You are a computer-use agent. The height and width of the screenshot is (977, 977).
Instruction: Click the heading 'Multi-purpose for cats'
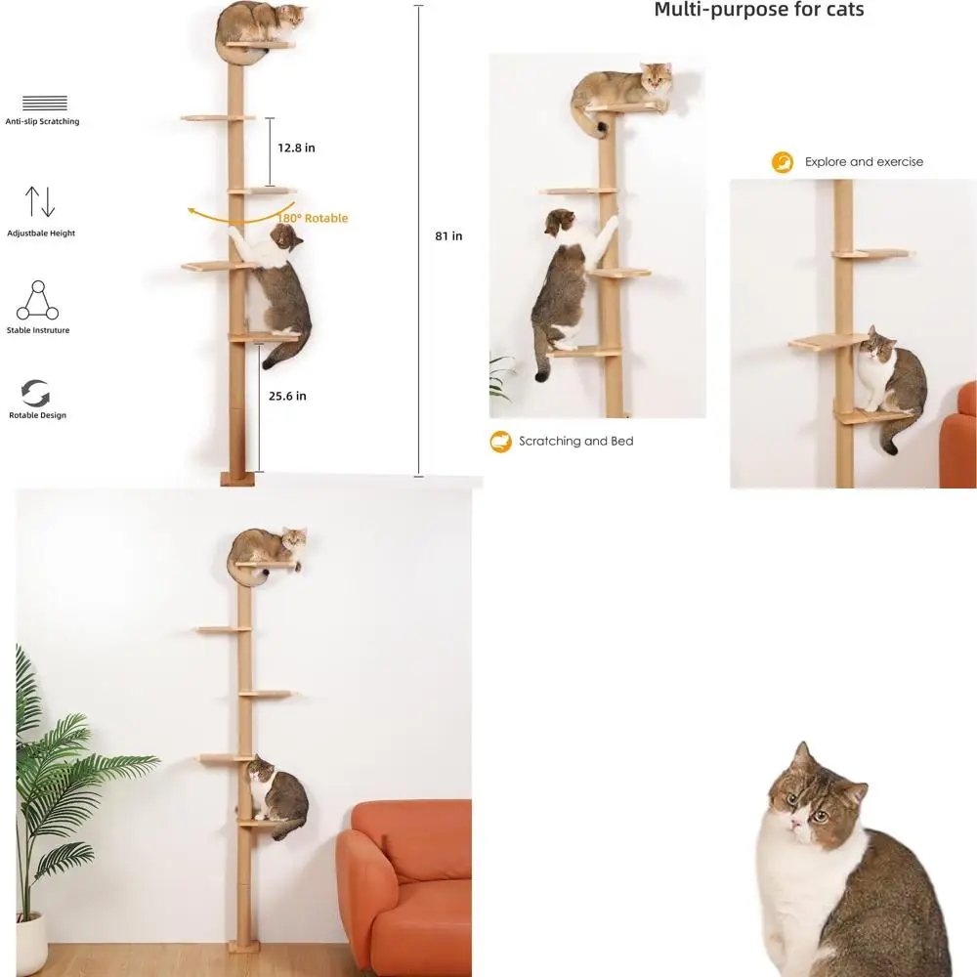pos(758,11)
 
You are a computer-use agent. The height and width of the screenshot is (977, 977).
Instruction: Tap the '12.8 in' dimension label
pos(296,149)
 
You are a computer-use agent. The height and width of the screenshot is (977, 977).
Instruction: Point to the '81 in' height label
pos(448,235)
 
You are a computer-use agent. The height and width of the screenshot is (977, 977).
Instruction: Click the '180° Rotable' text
pos(313,218)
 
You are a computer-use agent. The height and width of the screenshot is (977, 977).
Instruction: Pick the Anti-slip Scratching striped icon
pos(44,104)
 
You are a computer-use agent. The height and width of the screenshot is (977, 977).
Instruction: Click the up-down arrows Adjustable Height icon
pos(41,201)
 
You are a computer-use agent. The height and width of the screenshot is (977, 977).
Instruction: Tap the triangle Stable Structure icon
pos(38,301)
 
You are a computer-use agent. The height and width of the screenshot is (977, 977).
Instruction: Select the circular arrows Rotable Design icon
pos(37,393)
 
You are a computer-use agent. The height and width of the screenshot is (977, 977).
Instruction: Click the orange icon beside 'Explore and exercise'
pos(783,162)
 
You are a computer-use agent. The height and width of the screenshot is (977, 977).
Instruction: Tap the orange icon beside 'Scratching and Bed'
pos(500,442)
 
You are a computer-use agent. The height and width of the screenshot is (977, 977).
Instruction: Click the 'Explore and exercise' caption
pos(864,162)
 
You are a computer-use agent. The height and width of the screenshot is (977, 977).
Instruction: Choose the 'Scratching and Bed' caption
pos(575,442)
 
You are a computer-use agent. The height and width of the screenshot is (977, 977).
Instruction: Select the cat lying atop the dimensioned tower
pos(260,22)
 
